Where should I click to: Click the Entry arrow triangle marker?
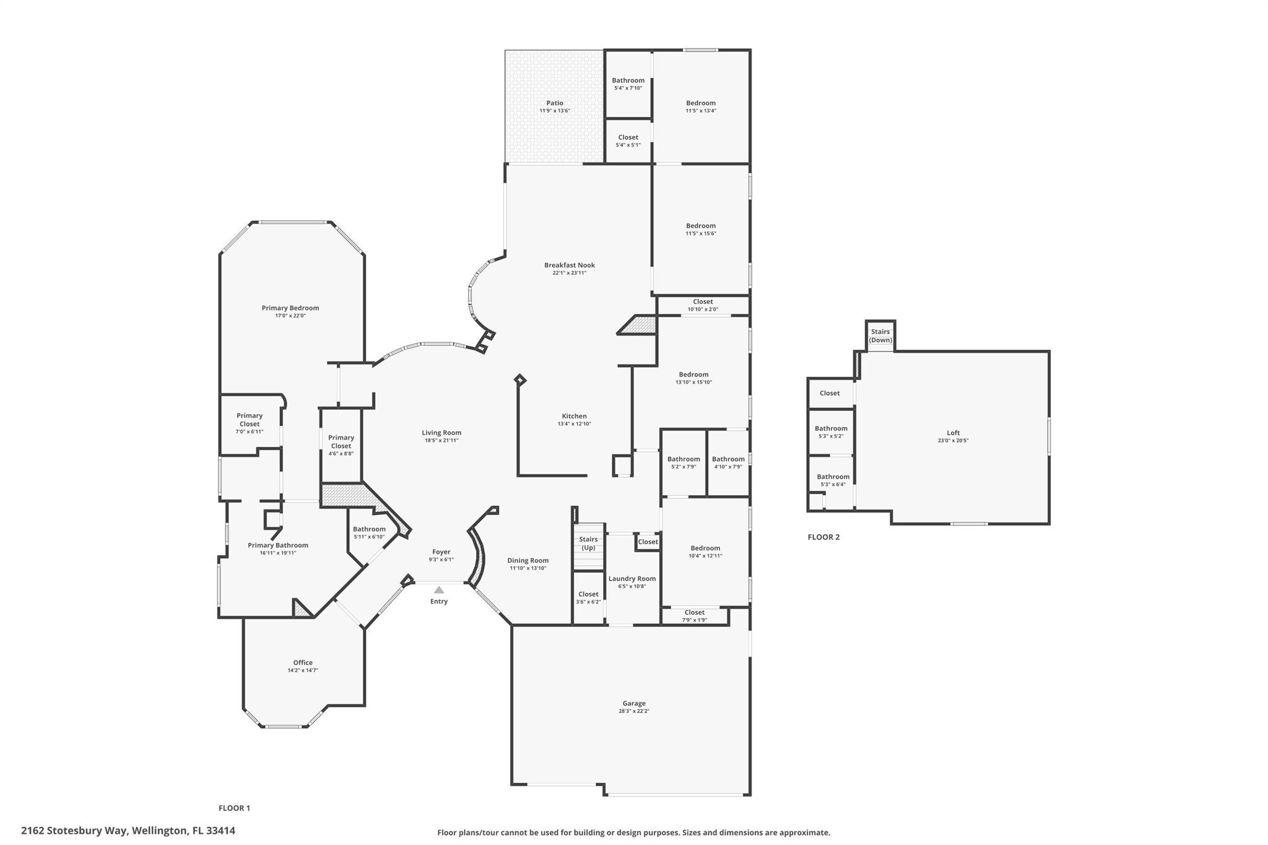tap(439, 590)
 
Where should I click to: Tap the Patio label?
tap(555, 103)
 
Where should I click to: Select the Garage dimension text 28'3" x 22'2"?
tap(634, 711)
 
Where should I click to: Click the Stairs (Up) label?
tap(588, 544)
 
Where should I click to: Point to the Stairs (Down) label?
tap(880, 336)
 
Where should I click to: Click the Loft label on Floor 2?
tap(953, 433)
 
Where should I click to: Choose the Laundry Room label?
tap(632, 579)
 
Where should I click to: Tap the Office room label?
tap(303, 662)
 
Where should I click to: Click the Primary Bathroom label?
tap(278, 545)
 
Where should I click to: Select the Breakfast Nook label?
tap(570, 265)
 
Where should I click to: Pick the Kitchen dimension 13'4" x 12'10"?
tap(575, 424)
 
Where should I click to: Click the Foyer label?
tap(441, 552)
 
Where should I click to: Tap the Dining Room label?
tap(528, 560)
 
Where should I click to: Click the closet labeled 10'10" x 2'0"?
tap(703, 305)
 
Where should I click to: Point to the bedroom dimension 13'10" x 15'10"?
tap(693, 383)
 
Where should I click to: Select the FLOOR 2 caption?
tap(823, 537)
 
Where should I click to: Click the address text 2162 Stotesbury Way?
tap(74, 831)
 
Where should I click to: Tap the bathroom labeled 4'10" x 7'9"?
tap(728, 462)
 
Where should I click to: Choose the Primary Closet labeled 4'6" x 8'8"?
tap(341, 445)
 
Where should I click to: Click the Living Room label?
tap(441, 433)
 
